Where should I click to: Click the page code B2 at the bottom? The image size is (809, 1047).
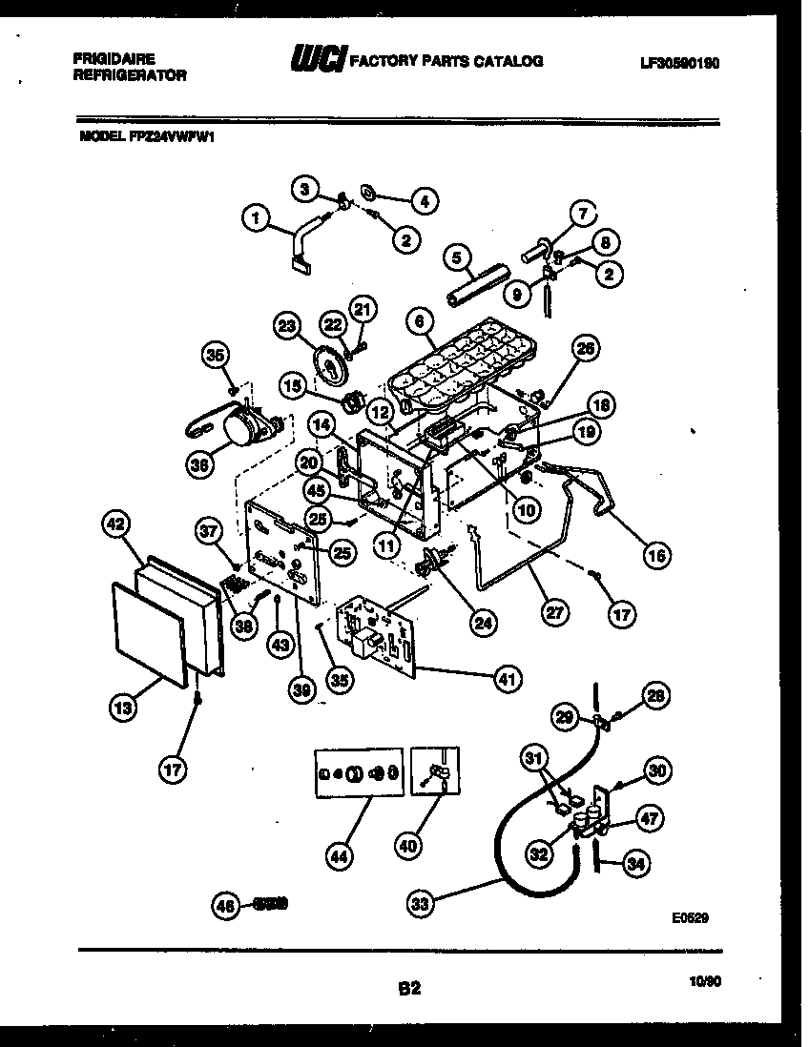coord(408,990)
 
